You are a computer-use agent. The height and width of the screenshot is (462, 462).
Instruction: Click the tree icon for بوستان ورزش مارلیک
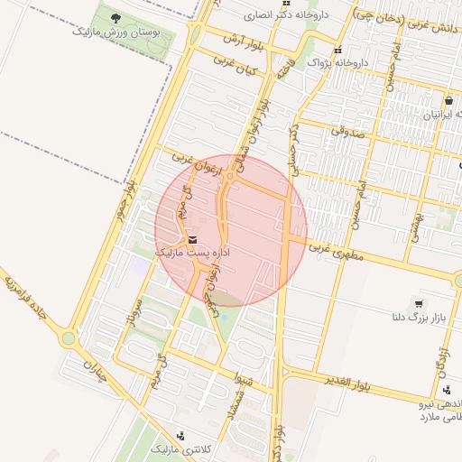pyautogui.click(x=114, y=17)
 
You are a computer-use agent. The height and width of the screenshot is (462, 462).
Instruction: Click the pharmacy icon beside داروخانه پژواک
pyautogui.click(x=338, y=51)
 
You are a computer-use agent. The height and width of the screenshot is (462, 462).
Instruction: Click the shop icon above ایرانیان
pyautogui.click(x=448, y=101)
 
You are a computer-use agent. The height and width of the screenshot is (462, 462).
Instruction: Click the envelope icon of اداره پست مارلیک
pyautogui.click(x=192, y=239)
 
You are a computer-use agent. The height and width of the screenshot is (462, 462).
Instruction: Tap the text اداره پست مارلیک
pyautogui.click(x=193, y=254)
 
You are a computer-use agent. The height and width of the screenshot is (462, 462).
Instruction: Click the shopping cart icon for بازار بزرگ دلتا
pyautogui.click(x=419, y=303)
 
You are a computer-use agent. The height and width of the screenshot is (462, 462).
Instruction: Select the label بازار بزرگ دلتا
pyautogui.click(x=418, y=319)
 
